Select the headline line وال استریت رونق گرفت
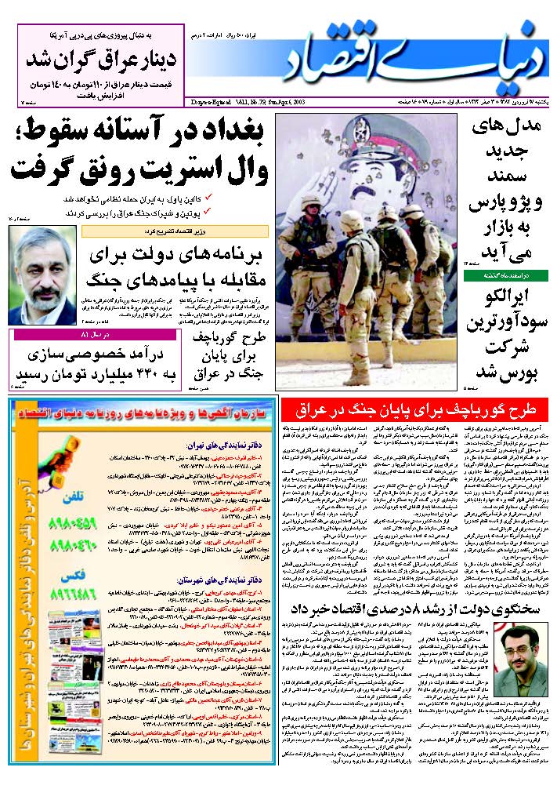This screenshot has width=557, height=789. [x=137, y=166]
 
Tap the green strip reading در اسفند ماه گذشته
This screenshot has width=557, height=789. [x=505, y=275]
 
